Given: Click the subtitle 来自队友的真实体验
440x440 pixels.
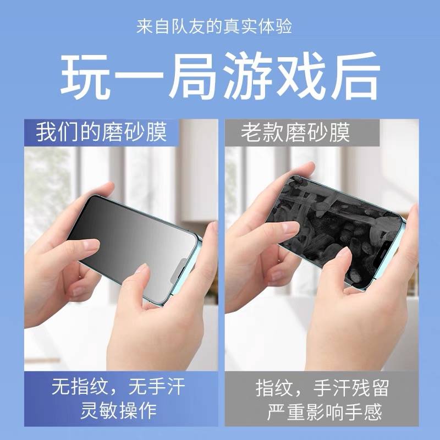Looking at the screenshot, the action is coord(215,26).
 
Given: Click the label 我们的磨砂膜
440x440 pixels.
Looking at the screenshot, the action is coord(102,132).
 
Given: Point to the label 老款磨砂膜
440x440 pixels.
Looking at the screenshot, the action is coord(295,132).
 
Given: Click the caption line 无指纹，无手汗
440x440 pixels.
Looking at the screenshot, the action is coord(118,387).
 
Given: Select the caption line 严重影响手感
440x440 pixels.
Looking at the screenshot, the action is coord(324,411).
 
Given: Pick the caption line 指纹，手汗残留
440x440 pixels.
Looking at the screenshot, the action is coord(322,388).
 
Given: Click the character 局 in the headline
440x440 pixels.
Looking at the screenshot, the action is coord(193,76).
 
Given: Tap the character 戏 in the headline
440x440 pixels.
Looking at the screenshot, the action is coord(301,76).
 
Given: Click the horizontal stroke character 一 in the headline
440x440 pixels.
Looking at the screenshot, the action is coord(139,76).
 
